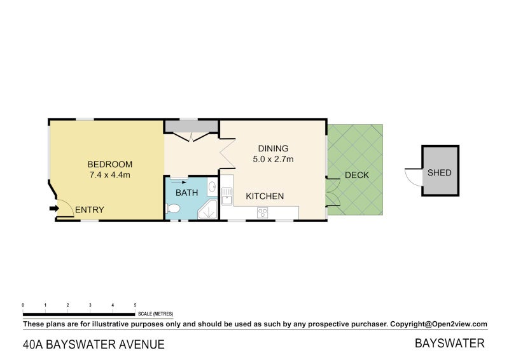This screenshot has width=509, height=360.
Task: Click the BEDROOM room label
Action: click(x=110, y=163)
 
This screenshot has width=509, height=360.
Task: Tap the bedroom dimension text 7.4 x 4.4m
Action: click(x=110, y=175)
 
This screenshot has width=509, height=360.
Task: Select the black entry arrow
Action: click(x=52, y=207)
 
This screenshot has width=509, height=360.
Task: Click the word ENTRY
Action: click(x=89, y=210)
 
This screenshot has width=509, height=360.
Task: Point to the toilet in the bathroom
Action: click(x=171, y=207)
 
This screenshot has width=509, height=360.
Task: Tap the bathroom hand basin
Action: click(x=213, y=188)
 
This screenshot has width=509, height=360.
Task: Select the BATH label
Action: click(x=186, y=193)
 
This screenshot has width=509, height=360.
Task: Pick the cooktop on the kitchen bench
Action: click(x=261, y=213)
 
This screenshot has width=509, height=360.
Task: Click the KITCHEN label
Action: click(x=265, y=197)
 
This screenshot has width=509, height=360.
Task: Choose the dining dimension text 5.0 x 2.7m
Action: click(x=273, y=159)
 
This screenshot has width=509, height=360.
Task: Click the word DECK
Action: click(x=356, y=175)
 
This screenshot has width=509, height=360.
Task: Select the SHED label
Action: click(x=439, y=172)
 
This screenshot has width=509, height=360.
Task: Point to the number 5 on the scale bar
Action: click(x=135, y=306)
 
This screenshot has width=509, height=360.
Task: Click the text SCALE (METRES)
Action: click(x=155, y=314)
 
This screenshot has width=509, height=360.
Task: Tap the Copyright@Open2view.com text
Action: click(x=438, y=324)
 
